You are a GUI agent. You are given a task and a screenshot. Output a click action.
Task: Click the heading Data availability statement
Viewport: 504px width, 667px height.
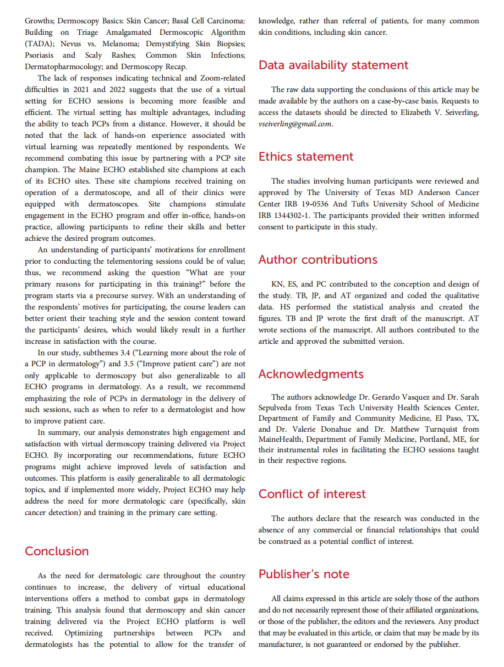pyautogui.click(x=333, y=65)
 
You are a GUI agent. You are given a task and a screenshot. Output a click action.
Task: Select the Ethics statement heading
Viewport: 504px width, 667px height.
pyautogui.click(x=306, y=157)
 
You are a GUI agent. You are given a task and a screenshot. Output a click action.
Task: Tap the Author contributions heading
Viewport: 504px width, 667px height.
pyautogui.click(x=318, y=260)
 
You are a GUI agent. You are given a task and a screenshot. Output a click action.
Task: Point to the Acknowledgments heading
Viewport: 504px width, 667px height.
pyautogui.click(x=311, y=374)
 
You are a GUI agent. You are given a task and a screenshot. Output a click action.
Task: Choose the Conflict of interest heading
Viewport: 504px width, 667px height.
pyautogui.click(x=312, y=494)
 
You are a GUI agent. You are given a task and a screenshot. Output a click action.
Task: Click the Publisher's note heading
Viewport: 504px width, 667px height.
pyautogui.click(x=304, y=575)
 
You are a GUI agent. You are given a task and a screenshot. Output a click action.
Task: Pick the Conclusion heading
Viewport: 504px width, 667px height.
pyautogui.click(x=57, y=552)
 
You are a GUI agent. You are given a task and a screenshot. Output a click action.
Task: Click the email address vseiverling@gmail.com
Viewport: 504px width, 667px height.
pyautogui.click(x=295, y=124)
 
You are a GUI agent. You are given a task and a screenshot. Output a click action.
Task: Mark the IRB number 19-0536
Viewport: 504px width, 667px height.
pyautogui.click(x=315, y=204)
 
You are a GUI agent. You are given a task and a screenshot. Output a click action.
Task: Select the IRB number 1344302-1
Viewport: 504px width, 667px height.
pyautogui.click(x=292, y=216)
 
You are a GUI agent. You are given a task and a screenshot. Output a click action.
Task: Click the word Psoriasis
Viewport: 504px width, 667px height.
pyautogui.click(x=39, y=55)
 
